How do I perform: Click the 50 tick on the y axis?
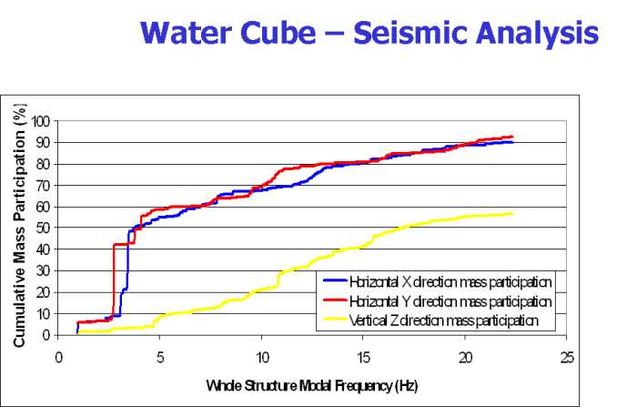(x=44, y=229)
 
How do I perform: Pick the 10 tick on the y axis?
(x=44, y=314)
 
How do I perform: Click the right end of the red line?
(x=513, y=137)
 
